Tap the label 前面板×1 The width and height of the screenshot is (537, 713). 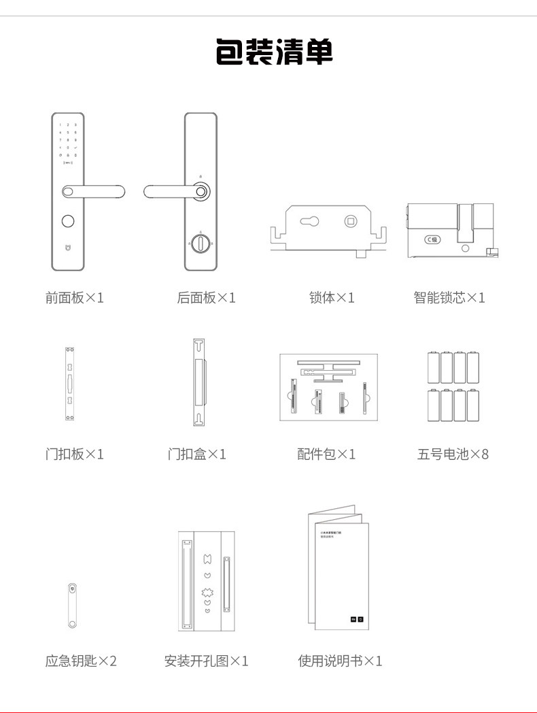tap(75, 297)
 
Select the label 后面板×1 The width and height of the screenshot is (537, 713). tap(206, 297)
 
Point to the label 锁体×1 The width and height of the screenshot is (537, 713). tap(332, 297)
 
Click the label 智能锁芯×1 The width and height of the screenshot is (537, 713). tap(449, 297)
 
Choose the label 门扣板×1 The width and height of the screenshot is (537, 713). tap(75, 454)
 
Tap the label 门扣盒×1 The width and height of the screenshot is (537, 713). tap(197, 454)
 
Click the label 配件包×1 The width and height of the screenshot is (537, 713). tap(326, 454)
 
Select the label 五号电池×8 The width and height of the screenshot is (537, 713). tap(453, 454)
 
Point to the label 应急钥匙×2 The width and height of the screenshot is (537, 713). tap(81, 661)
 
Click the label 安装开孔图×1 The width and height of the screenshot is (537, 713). tap(207, 661)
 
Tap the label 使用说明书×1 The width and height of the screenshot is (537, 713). tap(340, 661)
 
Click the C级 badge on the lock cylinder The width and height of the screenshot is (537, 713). tap(432, 239)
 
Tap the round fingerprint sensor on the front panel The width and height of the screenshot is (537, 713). tap(67, 221)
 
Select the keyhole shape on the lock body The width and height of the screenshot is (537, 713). tap(309, 222)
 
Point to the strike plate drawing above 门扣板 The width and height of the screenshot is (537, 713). tap(69, 384)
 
